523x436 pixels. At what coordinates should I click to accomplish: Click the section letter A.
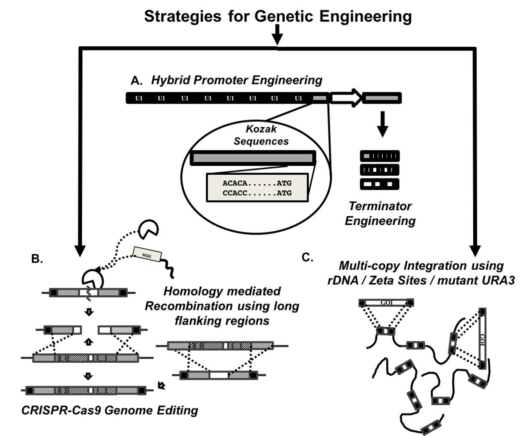[136, 81]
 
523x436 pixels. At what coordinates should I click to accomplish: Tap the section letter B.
[38, 258]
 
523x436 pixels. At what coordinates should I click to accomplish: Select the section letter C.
[307, 257]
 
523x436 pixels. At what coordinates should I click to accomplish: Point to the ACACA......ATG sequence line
[257, 183]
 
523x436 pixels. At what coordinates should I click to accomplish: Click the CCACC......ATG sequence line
[257, 193]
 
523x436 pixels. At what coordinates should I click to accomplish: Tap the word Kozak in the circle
[261, 129]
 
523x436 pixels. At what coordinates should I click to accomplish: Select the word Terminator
[380, 206]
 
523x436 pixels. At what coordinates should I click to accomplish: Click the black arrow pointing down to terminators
[383, 124]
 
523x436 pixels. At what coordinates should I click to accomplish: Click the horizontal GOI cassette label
[387, 303]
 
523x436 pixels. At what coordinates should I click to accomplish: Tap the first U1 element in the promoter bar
[139, 99]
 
